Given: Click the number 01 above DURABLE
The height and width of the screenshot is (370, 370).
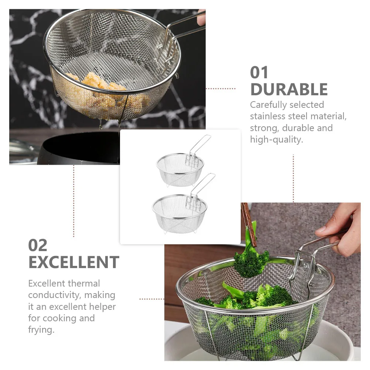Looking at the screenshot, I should [259, 72].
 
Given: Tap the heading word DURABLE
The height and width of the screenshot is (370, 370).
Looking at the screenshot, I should [289, 89].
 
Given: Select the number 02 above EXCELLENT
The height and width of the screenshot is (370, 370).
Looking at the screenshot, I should [38, 245].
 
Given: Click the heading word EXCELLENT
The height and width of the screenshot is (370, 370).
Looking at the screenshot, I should [73, 262].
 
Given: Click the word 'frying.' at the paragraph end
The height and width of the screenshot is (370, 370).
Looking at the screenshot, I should [41, 330].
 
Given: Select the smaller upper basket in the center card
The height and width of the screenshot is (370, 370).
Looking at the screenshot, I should [179, 168].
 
